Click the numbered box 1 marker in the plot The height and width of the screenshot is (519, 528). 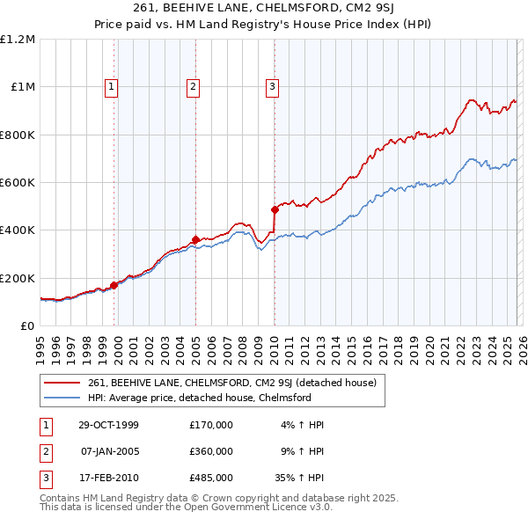coord(113,86)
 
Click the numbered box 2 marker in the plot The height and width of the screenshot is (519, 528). coord(193,86)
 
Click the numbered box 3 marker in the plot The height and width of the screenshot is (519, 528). coord(273,86)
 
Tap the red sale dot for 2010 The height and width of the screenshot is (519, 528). coord(275,210)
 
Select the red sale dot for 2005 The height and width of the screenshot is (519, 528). coord(195,239)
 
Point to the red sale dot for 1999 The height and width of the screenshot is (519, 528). coord(114,285)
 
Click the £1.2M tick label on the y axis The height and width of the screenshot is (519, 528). coord(17,40)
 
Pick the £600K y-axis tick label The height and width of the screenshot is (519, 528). coord(17,183)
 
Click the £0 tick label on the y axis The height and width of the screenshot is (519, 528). coord(27,325)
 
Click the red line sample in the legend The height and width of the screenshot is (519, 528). coord(62,383)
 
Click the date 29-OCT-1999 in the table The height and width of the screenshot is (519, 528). coord(109,425)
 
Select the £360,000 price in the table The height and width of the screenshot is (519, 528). coord(210,452)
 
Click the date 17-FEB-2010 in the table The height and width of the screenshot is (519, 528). coord(109,479)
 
